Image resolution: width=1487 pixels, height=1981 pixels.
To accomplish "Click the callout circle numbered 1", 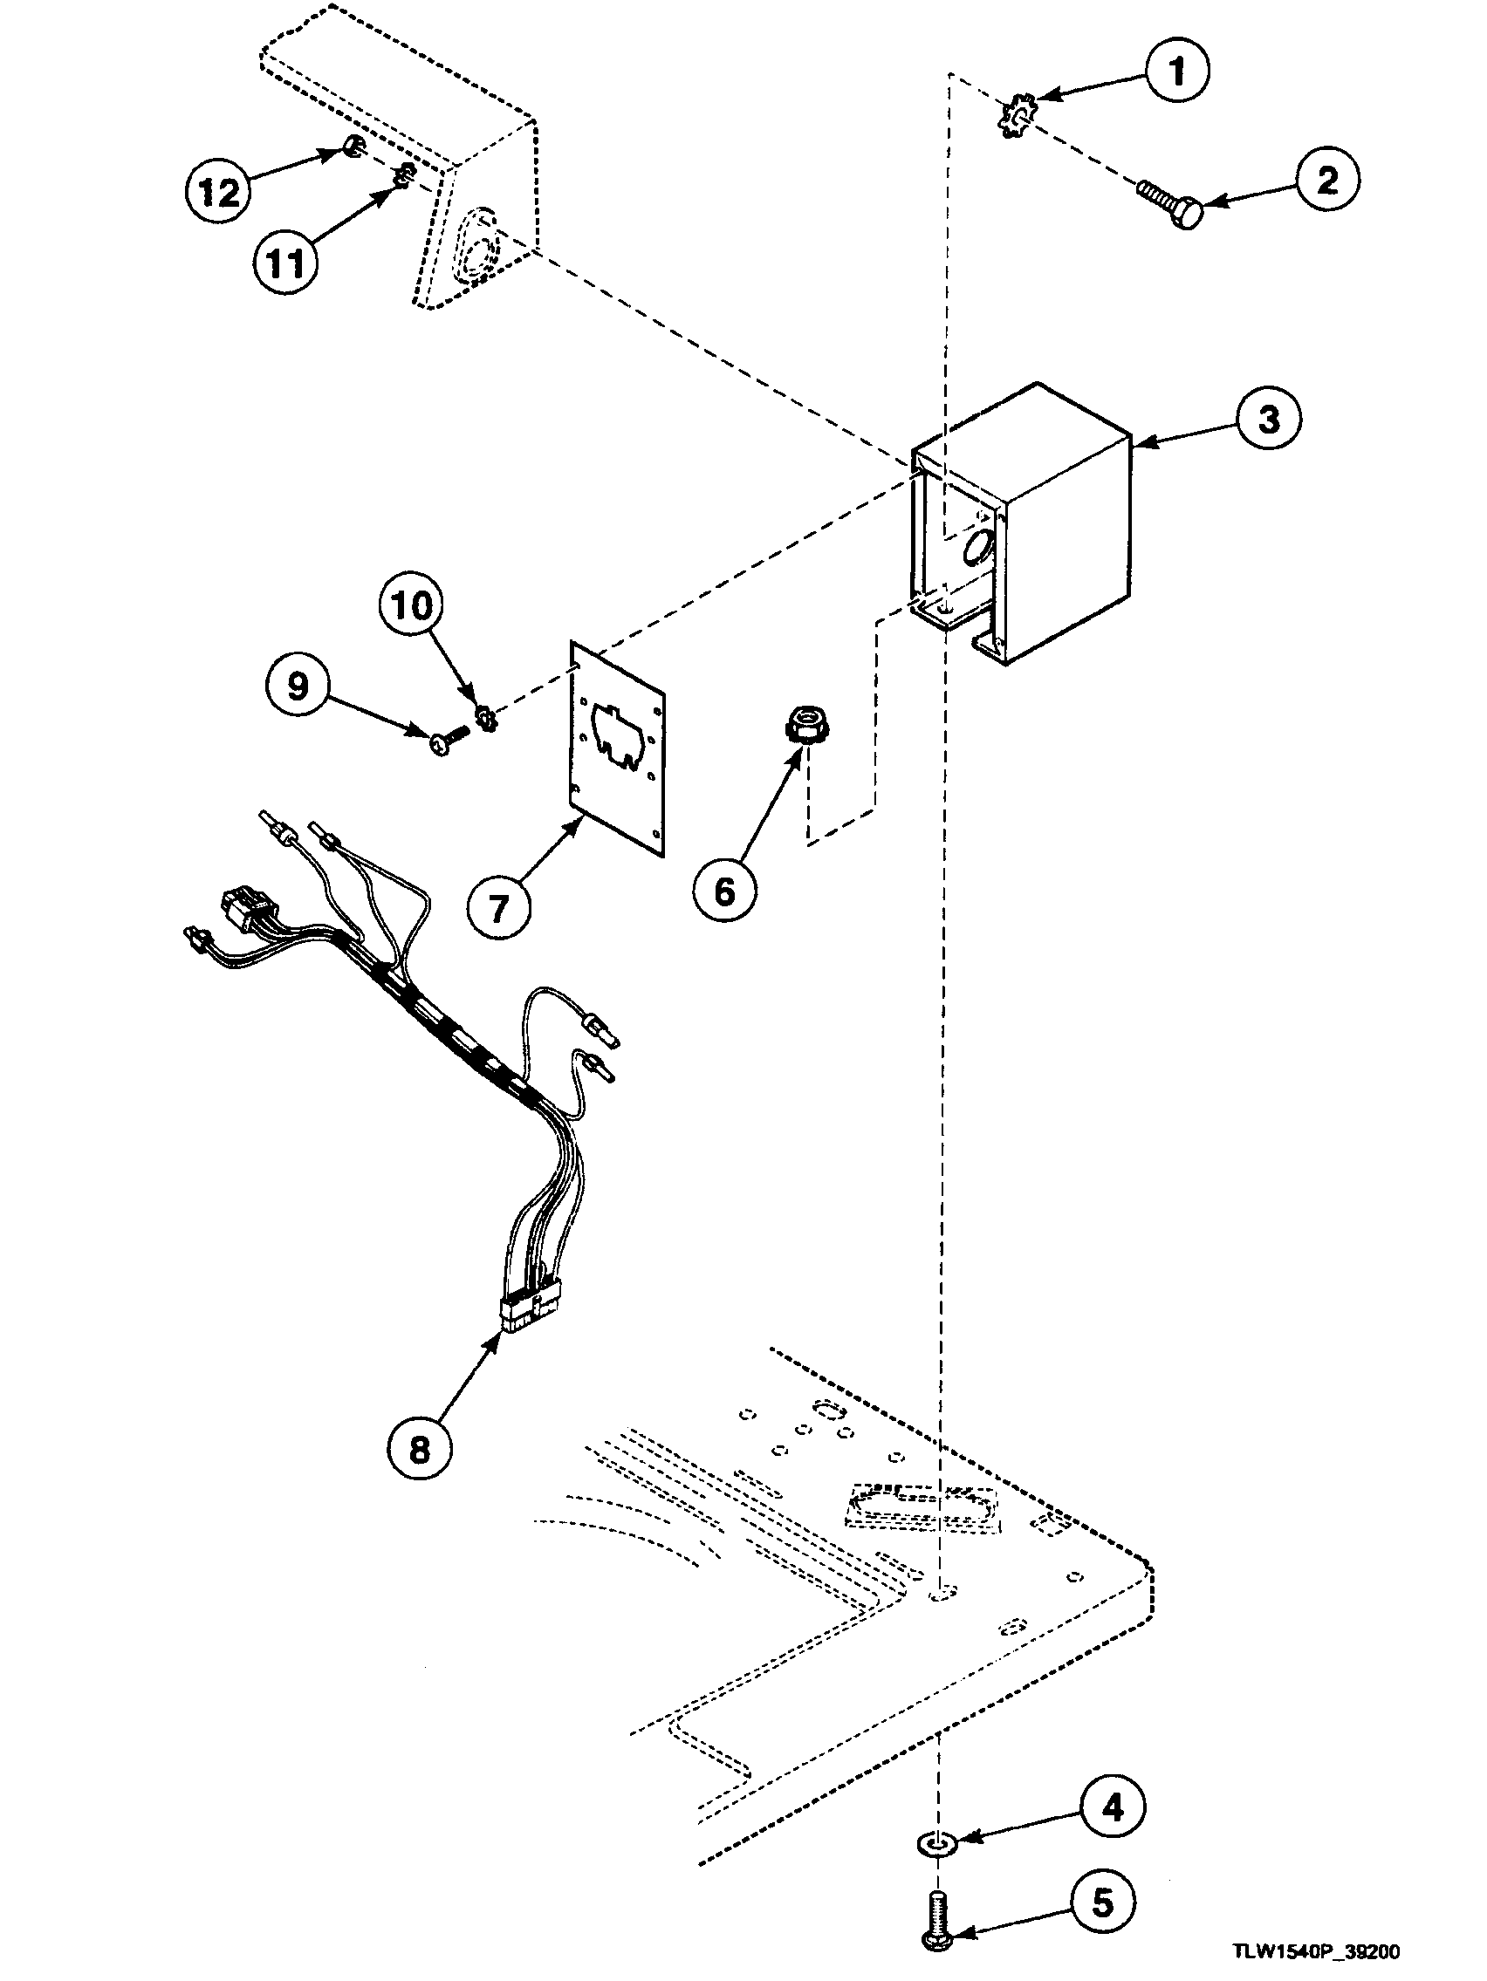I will point(1177,71).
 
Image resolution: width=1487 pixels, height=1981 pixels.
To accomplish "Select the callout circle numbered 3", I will point(1268,419).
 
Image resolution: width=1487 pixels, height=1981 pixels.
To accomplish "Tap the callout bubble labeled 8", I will point(420,1449).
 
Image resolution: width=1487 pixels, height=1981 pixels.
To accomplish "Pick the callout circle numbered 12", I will point(218,192).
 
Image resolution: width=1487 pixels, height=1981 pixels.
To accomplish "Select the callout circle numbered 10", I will point(411,606).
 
